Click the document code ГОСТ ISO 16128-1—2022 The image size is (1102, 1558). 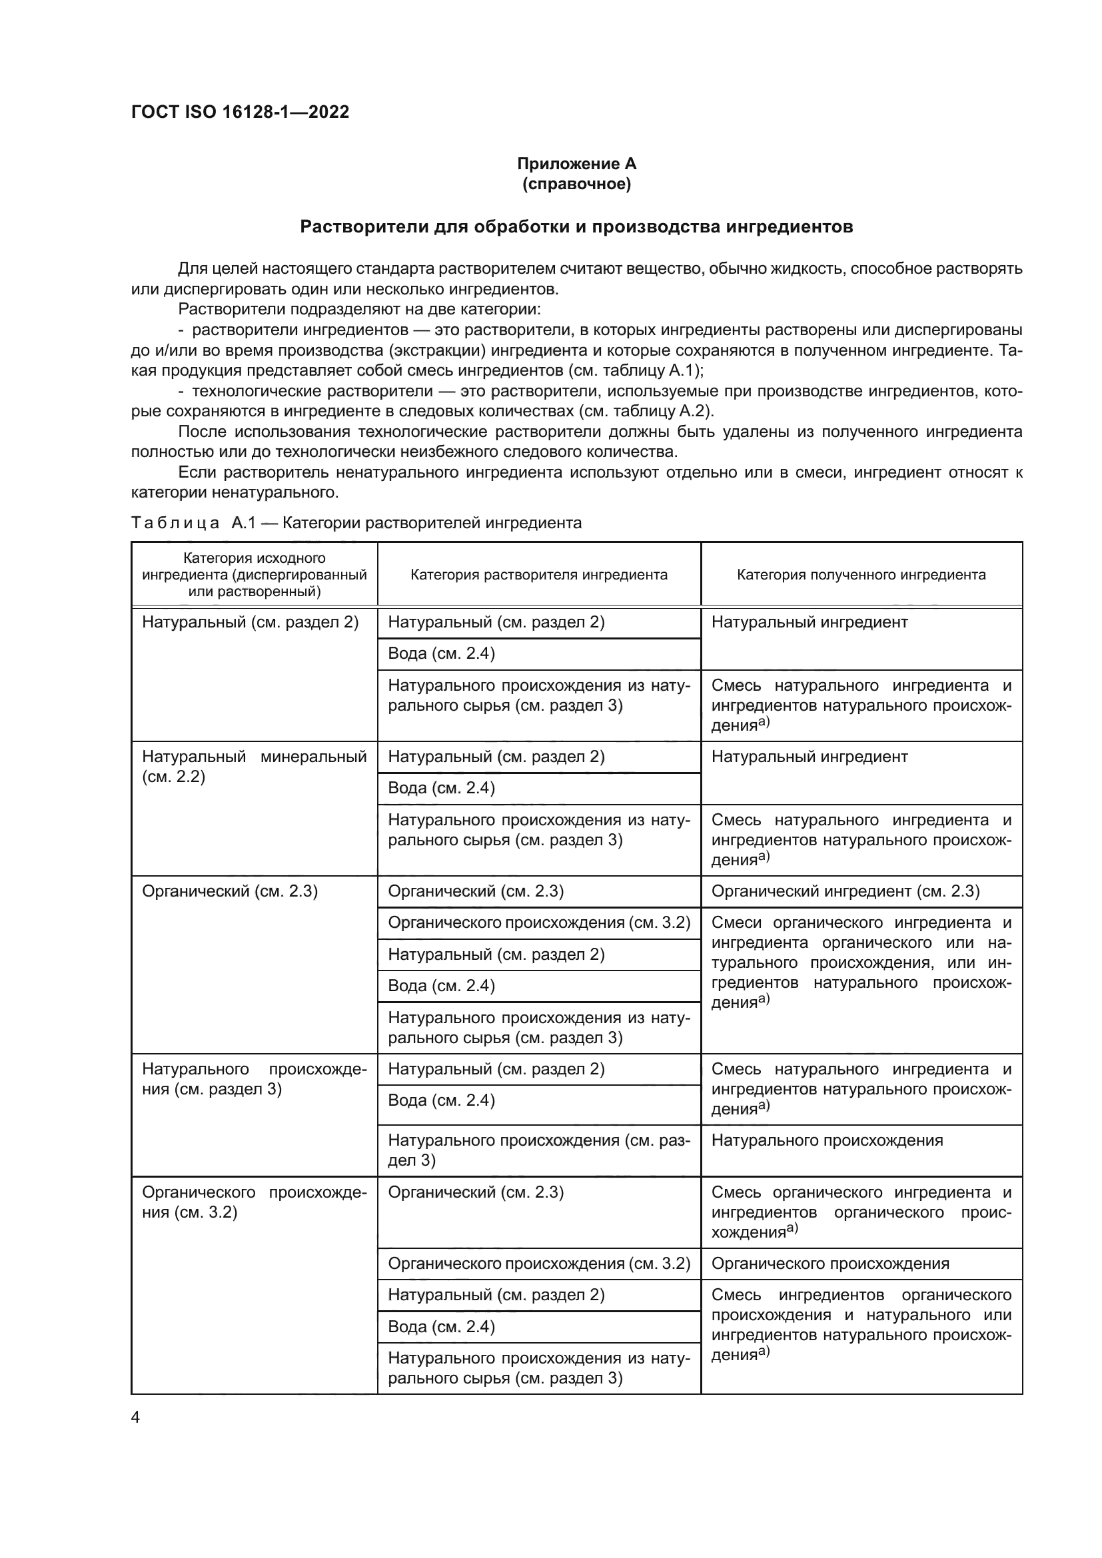pos(241,112)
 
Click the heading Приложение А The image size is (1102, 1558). pos(577,164)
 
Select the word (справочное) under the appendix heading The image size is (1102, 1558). pos(577,184)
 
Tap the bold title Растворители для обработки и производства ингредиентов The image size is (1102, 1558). pos(577,226)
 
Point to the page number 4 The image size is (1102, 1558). pos(135,1417)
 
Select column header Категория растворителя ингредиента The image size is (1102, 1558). pos(539,575)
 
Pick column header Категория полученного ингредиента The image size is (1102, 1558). pos(861,575)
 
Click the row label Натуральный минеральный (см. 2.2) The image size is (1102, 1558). pos(254,766)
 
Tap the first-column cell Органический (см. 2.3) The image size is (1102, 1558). pos(230,891)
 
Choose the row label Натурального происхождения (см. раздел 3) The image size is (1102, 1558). pos(254,1079)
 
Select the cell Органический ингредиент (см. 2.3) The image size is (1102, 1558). pos(845,891)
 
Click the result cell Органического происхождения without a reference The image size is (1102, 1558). pos(831,1264)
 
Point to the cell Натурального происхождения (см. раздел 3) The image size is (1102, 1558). pos(539,1150)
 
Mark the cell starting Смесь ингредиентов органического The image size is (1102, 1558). pos(861,1325)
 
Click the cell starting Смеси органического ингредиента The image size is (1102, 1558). pos(861,963)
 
